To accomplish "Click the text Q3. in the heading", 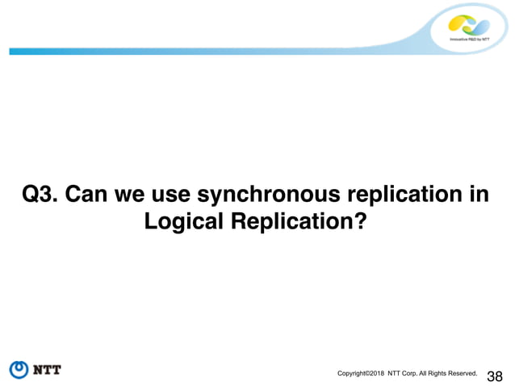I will [40, 195].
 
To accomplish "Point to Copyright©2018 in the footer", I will [360, 373].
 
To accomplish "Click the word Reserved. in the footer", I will [460, 373].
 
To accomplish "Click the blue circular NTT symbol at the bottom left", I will [19, 370].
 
